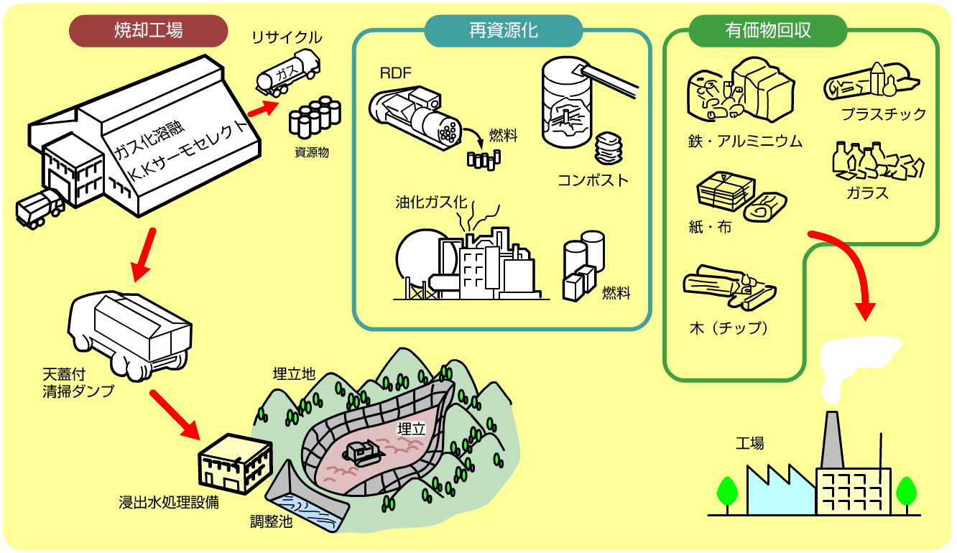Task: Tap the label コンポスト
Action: [x=593, y=180]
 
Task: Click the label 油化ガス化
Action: [x=430, y=202]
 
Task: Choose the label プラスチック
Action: [x=883, y=114]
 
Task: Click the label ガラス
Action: [x=867, y=193]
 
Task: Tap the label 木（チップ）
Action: [x=729, y=328]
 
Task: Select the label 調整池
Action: [x=272, y=522]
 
